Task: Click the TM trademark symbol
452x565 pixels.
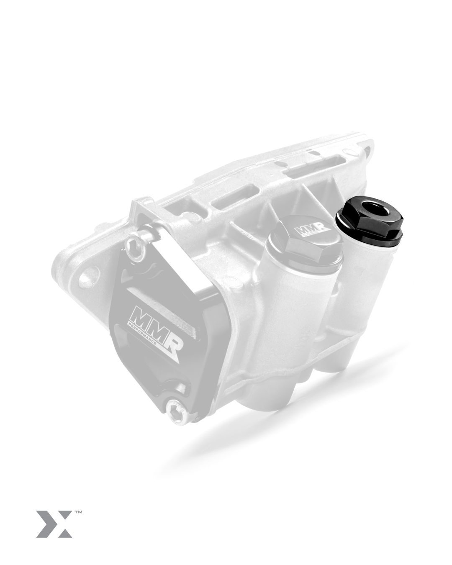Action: tap(78, 512)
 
